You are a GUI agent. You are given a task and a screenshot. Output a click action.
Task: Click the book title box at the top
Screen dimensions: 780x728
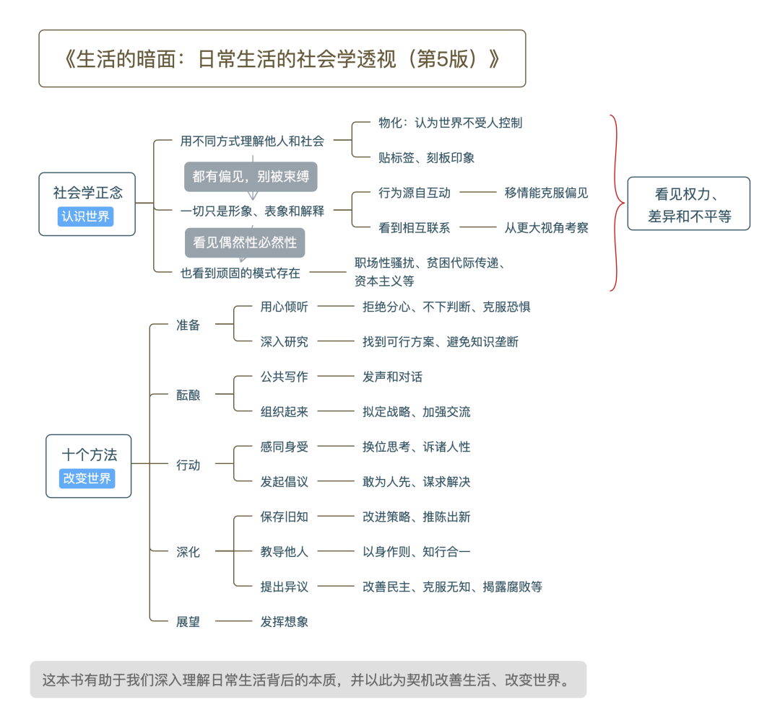click(x=282, y=58)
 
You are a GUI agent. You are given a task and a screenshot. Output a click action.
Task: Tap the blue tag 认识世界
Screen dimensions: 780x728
click(x=85, y=216)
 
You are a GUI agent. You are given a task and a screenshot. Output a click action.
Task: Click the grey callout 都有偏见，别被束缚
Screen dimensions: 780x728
click(x=251, y=177)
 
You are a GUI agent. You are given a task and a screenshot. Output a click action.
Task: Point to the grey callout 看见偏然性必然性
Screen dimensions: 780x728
click(x=245, y=242)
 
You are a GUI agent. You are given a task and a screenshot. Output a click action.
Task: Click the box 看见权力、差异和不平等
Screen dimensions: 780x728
click(x=688, y=203)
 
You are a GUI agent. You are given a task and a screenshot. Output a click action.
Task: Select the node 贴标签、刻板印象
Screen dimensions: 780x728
click(x=426, y=157)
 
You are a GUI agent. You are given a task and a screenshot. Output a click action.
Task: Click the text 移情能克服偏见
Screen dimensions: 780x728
click(x=546, y=193)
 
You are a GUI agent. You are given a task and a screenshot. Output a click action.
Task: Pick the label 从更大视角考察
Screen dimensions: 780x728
click(x=546, y=228)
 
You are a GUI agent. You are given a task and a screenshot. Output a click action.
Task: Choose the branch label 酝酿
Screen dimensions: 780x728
click(x=188, y=395)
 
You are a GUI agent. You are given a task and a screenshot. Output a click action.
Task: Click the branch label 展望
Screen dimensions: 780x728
click(x=188, y=621)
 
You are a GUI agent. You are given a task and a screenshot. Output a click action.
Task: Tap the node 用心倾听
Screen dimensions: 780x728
click(x=284, y=307)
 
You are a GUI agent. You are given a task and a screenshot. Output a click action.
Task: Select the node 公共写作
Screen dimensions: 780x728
click(x=284, y=377)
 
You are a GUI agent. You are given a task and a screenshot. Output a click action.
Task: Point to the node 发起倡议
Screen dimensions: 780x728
click(x=284, y=482)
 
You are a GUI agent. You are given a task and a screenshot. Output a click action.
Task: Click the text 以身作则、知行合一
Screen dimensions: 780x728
click(x=416, y=552)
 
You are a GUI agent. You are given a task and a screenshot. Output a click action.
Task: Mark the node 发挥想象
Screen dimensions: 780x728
click(x=284, y=621)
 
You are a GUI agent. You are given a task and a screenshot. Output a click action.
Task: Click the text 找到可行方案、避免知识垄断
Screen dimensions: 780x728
click(x=440, y=342)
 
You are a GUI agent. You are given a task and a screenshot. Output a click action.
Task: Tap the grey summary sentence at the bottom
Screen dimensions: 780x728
click(x=308, y=680)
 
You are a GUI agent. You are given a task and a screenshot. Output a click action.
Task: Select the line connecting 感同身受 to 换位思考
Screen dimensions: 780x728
click(x=336, y=447)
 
